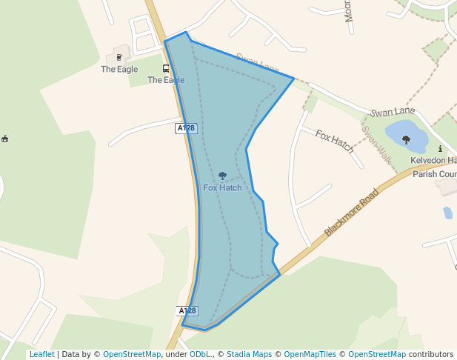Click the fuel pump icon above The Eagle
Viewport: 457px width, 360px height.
tap(119, 57)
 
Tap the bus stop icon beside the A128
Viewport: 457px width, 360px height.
tap(166, 68)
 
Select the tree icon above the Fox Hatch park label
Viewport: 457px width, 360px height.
tap(222, 176)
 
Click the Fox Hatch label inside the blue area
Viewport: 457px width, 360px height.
tap(222, 187)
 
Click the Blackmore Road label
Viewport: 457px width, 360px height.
tap(352, 213)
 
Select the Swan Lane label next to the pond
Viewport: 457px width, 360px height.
tap(393, 112)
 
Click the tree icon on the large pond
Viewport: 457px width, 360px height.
tap(406, 139)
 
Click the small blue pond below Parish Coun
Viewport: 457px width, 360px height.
tap(447, 213)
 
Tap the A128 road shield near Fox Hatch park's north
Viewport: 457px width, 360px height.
tap(186, 128)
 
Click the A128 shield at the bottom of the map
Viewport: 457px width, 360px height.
tap(187, 310)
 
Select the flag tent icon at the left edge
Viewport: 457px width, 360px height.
tap(5, 139)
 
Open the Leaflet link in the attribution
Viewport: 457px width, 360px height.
tap(41, 354)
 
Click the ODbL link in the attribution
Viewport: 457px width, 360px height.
tap(200, 354)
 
